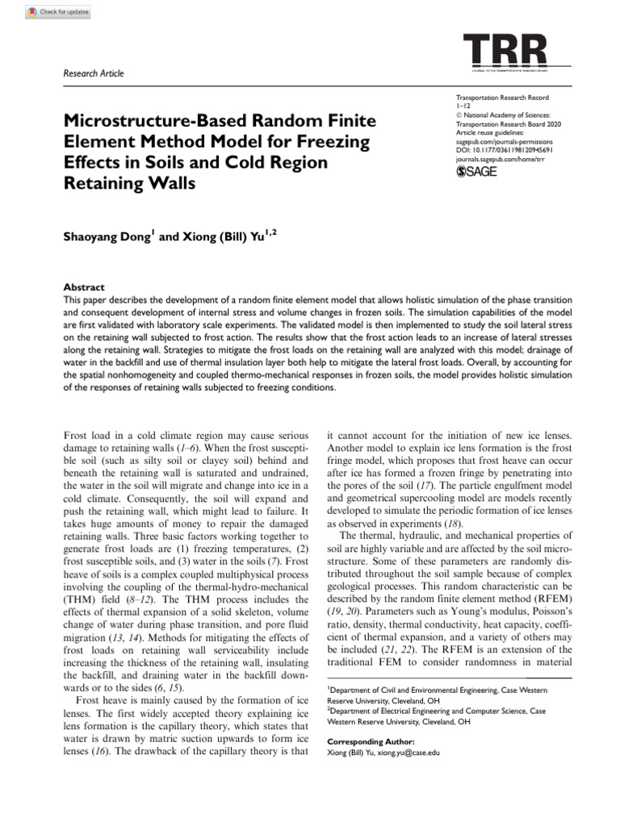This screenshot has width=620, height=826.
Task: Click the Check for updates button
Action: coord(57,12)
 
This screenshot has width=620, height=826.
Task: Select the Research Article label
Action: coord(94,74)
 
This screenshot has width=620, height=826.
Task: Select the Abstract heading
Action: coord(84,287)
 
